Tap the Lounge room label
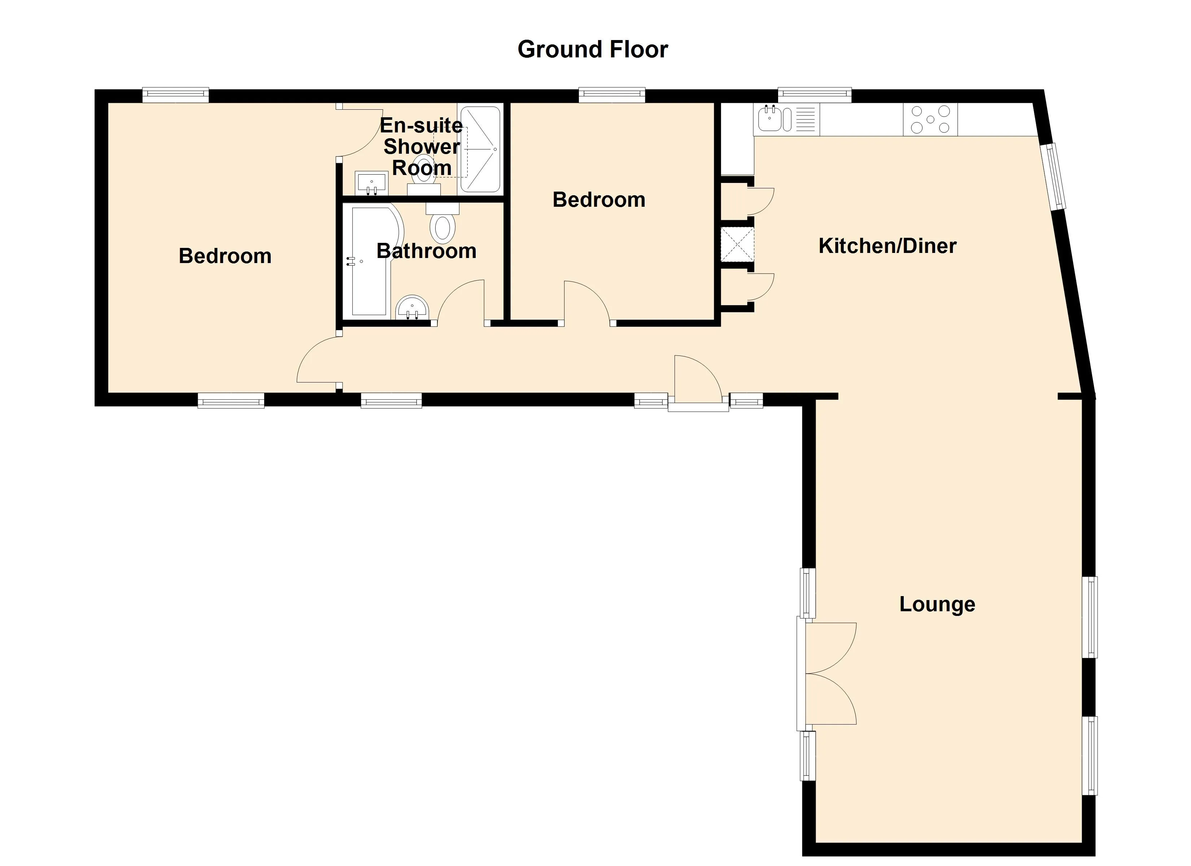937,604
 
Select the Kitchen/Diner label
887,246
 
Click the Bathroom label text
426,251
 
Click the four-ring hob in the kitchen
930,119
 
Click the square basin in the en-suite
371,183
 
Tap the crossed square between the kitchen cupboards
737,244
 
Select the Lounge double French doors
828,673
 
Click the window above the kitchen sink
815,95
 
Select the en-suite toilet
424,171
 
